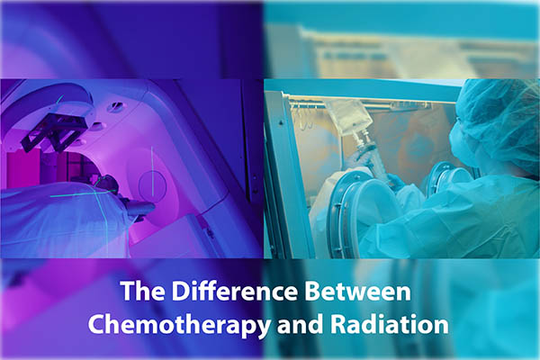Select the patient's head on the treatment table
[105, 184]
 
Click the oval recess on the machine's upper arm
[115, 106]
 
